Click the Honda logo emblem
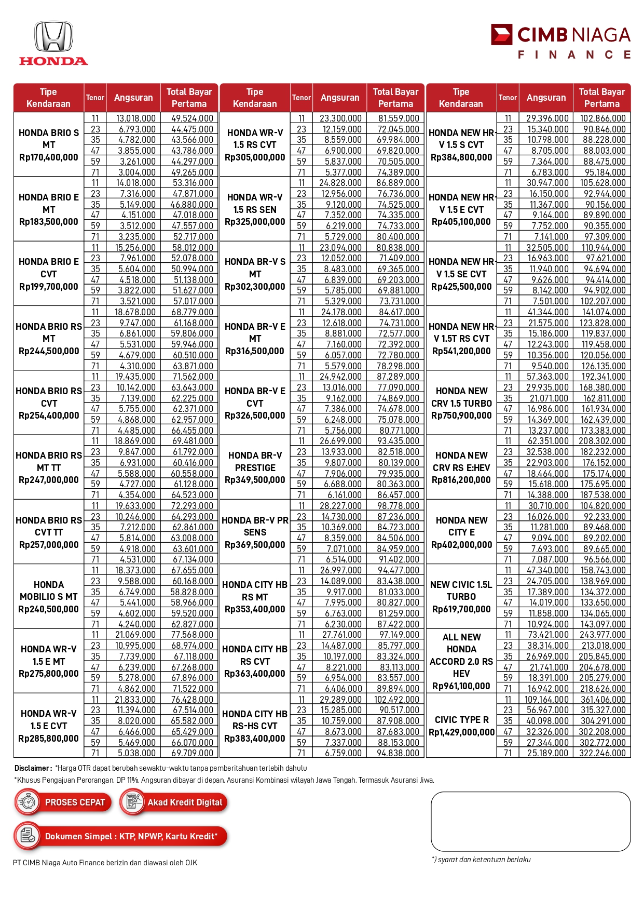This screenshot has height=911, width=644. pyautogui.click(x=53, y=37)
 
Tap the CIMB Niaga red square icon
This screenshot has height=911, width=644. pyautogui.click(x=501, y=35)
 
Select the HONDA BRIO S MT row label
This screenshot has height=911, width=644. pyautogui.click(x=49, y=139)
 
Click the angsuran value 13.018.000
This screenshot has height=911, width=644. pyautogui.click(x=135, y=118)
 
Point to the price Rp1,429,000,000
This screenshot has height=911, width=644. pyautogui.click(x=461, y=732)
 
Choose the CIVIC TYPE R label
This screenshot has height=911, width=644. pyautogui.click(x=461, y=720)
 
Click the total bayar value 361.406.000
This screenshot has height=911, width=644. pyautogui.click(x=602, y=700)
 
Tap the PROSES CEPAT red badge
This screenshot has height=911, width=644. pyautogui.click(x=63, y=802)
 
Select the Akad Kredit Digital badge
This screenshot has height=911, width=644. pyautogui.click(x=174, y=802)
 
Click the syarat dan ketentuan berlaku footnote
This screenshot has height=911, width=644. pyautogui.click(x=481, y=860)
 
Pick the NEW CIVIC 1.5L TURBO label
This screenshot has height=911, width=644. pyautogui.click(x=461, y=591)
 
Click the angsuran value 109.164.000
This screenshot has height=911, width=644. pyautogui.click(x=546, y=700)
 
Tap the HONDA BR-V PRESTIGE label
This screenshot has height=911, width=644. pyautogui.click(x=255, y=462)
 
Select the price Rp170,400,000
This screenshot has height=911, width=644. pyautogui.click(x=49, y=157)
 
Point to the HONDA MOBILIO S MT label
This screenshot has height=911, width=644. pyautogui.click(x=49, y=591)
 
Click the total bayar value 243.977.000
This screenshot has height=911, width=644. pyautogui.click(x=602, y=635)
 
